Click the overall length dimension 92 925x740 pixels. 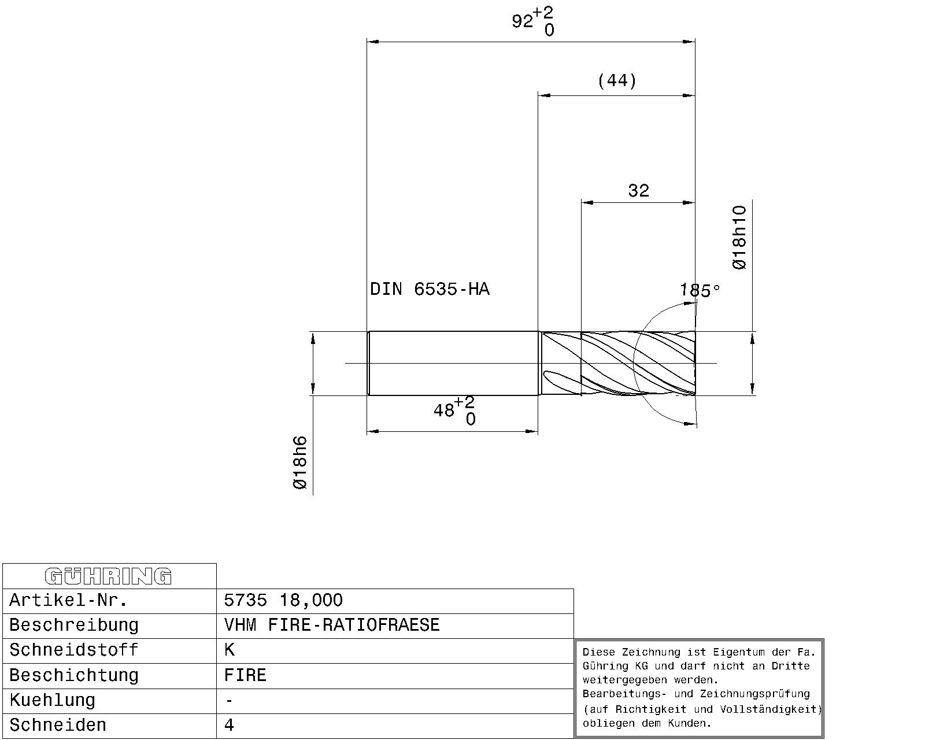(533, 21)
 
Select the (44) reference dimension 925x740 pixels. (617, 80)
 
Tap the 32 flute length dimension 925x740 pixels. (638, 190)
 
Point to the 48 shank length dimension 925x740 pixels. (454, 410)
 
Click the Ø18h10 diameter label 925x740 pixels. (739, 238)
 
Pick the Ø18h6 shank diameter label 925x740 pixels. (300, 462)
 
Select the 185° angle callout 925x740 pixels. (700, 290)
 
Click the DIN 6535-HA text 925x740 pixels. (430, 289)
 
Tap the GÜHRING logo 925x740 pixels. (108, 576)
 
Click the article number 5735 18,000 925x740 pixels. (283, 600)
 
